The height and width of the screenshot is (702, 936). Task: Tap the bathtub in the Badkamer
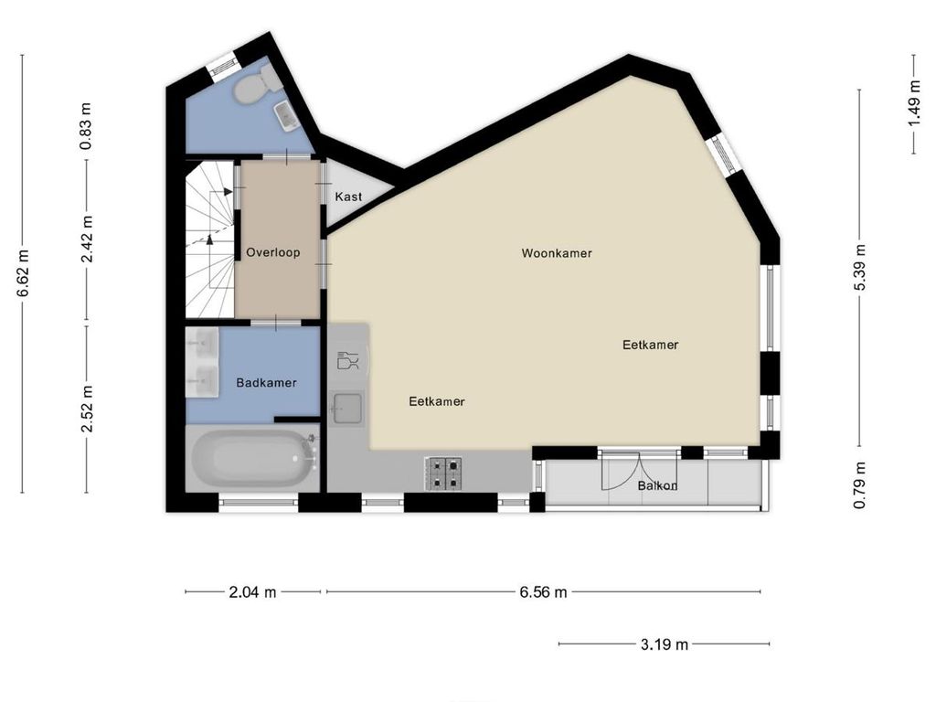coord(252,458)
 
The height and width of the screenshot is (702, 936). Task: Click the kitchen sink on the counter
coord(348,408)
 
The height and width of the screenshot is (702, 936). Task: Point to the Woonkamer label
coord(557,253)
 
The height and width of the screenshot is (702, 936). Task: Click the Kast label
coord(348,197)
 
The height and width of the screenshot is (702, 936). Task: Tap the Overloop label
coord(272,253)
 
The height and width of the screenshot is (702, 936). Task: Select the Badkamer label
coord(266,383)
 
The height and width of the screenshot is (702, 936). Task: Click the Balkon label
coord(657,486)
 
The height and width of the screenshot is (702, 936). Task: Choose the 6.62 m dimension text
coord(21,273)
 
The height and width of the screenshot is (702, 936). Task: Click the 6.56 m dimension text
coord(543,592)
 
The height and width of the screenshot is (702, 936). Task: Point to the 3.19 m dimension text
coord(664,644)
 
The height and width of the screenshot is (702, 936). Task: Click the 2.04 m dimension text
coord(252,592)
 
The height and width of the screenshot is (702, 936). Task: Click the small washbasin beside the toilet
coord(286,114)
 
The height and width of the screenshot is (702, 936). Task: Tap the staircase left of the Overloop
coord(209,239)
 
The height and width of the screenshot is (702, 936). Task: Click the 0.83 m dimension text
coord(87,127)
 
